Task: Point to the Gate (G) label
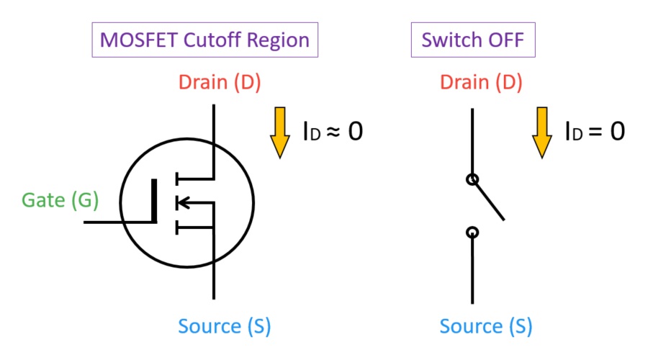[x=60, y=199]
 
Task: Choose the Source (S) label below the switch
[x=485, y=326]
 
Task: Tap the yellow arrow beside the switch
[x=541, y=132]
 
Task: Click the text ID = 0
[x=594, y=131]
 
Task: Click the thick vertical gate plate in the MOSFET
[x=154, y=202]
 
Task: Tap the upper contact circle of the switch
[x=472, y=180]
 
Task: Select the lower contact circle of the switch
[x=472, y=232]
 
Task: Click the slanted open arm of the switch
[x=489, y=200]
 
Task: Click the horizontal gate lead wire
[x=119, y=222]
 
